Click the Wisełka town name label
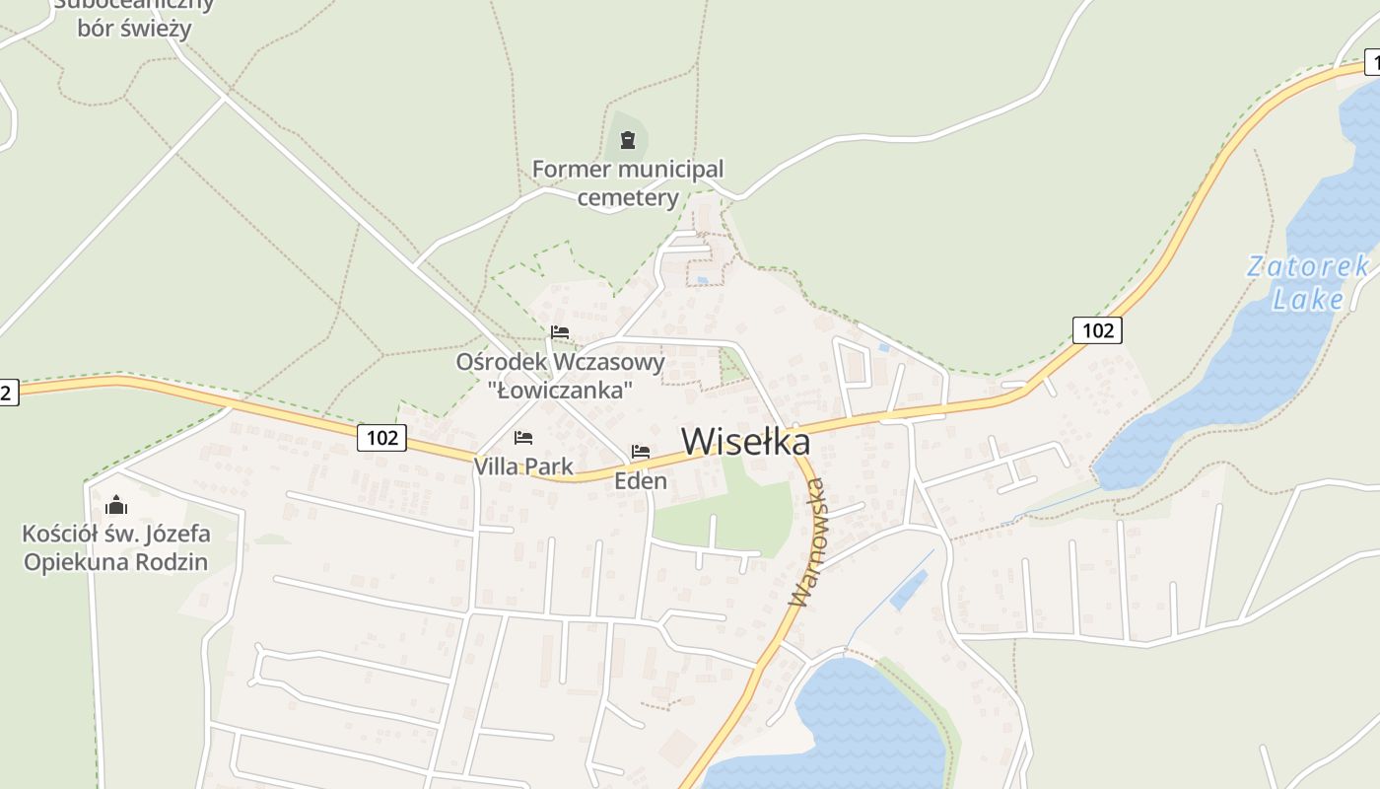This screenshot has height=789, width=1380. tap(745, 441)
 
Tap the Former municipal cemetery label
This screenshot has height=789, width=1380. tap(628, 183)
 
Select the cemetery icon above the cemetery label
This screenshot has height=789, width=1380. tap(628, 140)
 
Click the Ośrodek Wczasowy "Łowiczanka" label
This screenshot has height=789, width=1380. tap(560, 376)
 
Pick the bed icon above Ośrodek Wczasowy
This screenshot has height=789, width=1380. tap(560, 331)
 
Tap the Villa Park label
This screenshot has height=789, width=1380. tap(523, 466)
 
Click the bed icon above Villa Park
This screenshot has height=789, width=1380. tap(523, 437)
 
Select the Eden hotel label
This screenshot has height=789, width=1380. tap(641, 481)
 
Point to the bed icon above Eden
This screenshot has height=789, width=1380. tap(641, 452)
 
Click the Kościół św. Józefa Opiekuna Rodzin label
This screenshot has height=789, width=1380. tap(116, 548)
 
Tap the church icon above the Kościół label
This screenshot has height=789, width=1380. tap(116, 506)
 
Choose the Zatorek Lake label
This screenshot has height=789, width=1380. tap(1308, 282)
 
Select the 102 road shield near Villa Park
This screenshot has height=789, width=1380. tap(381, 437)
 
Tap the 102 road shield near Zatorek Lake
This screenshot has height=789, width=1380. tap(1097, 330)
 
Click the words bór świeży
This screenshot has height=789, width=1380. tap(134, 28)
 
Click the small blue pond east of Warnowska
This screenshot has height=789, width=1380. tap(908, 590)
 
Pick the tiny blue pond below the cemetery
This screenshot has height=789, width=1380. tap(701, 281)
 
